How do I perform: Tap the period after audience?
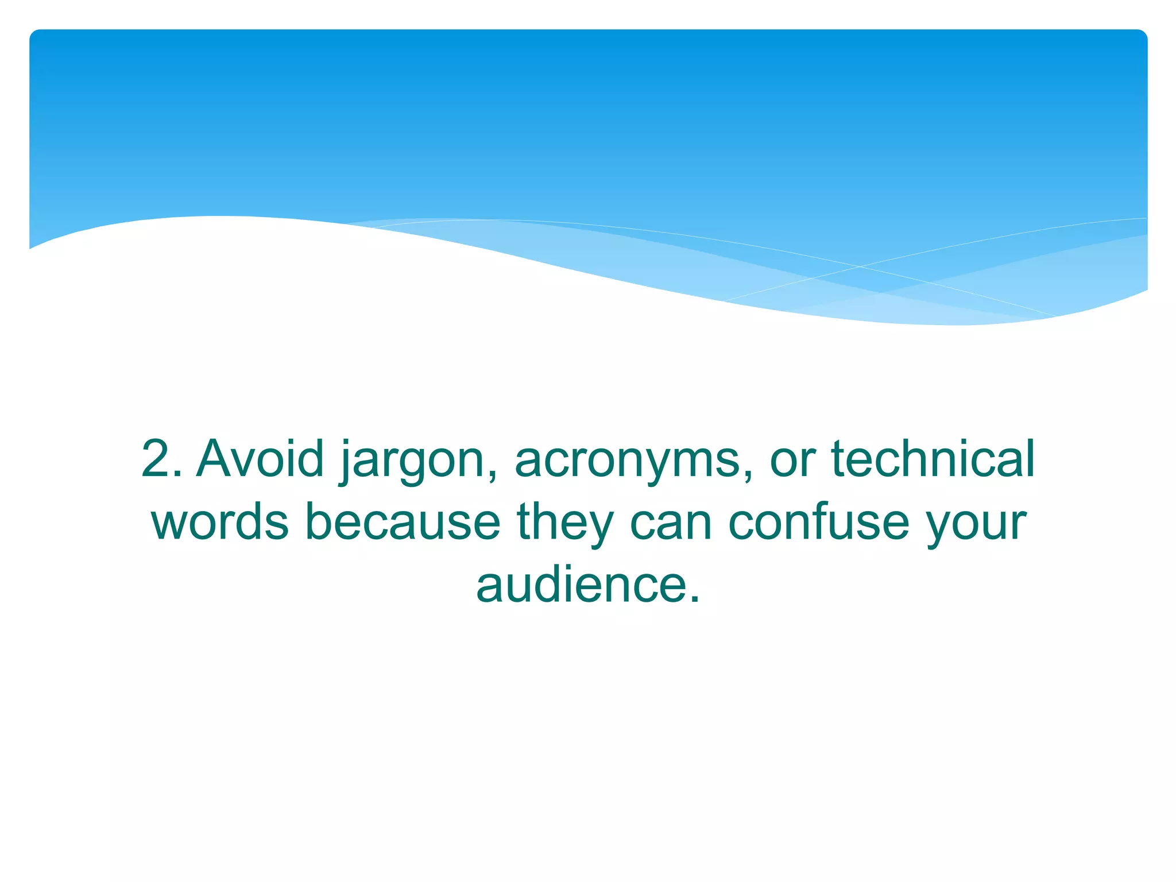tap(694, 599)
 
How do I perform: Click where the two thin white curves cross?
tap(860, 266)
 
